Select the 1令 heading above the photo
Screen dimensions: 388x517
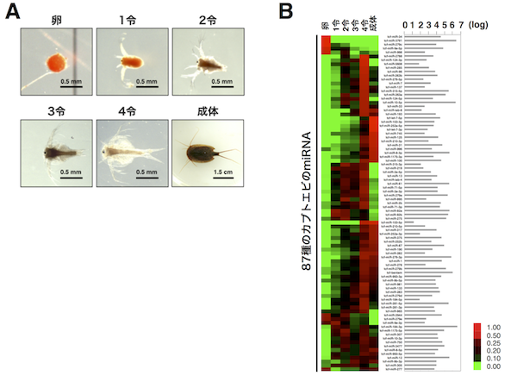tap(131, 17)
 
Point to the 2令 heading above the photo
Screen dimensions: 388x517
tap(206, 17)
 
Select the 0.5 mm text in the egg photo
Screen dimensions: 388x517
tap(72, 82)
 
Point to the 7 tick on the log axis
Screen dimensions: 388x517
tap(461, 24)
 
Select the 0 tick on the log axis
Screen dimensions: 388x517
tap(404, 24)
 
